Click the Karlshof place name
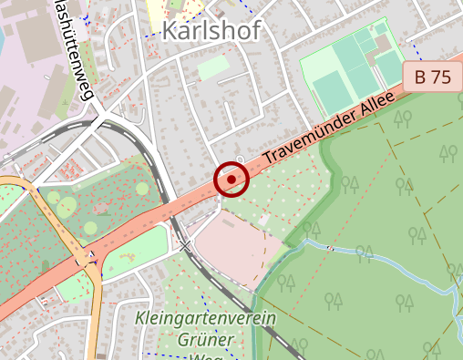(x=211, y=31)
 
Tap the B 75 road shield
(x=432, y=77)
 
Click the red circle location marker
(x=231, y=180)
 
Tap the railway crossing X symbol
(x=186, y=246)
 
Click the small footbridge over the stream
(x=330, y=248)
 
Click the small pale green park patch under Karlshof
(x=213, y=67)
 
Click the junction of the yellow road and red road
(x=86, y=259)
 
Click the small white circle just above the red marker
(x=240, y=160)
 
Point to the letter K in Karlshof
(x=170, y=31)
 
